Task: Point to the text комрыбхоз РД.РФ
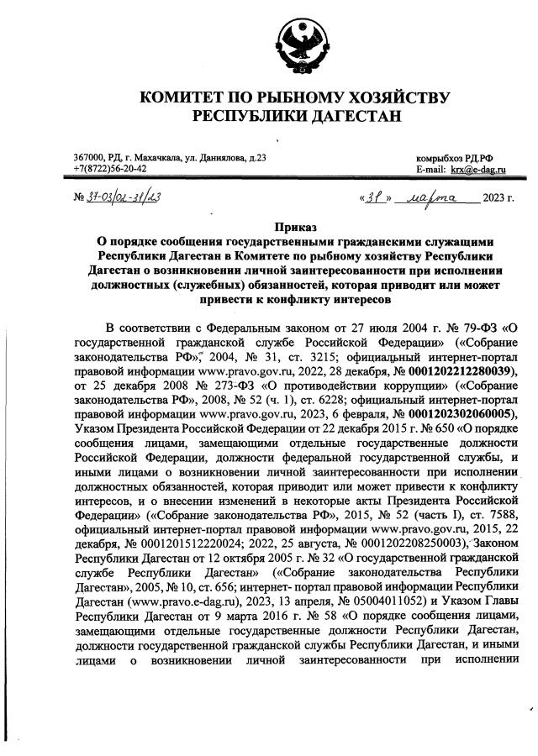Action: pyautogui.click(x=454, y=158)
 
